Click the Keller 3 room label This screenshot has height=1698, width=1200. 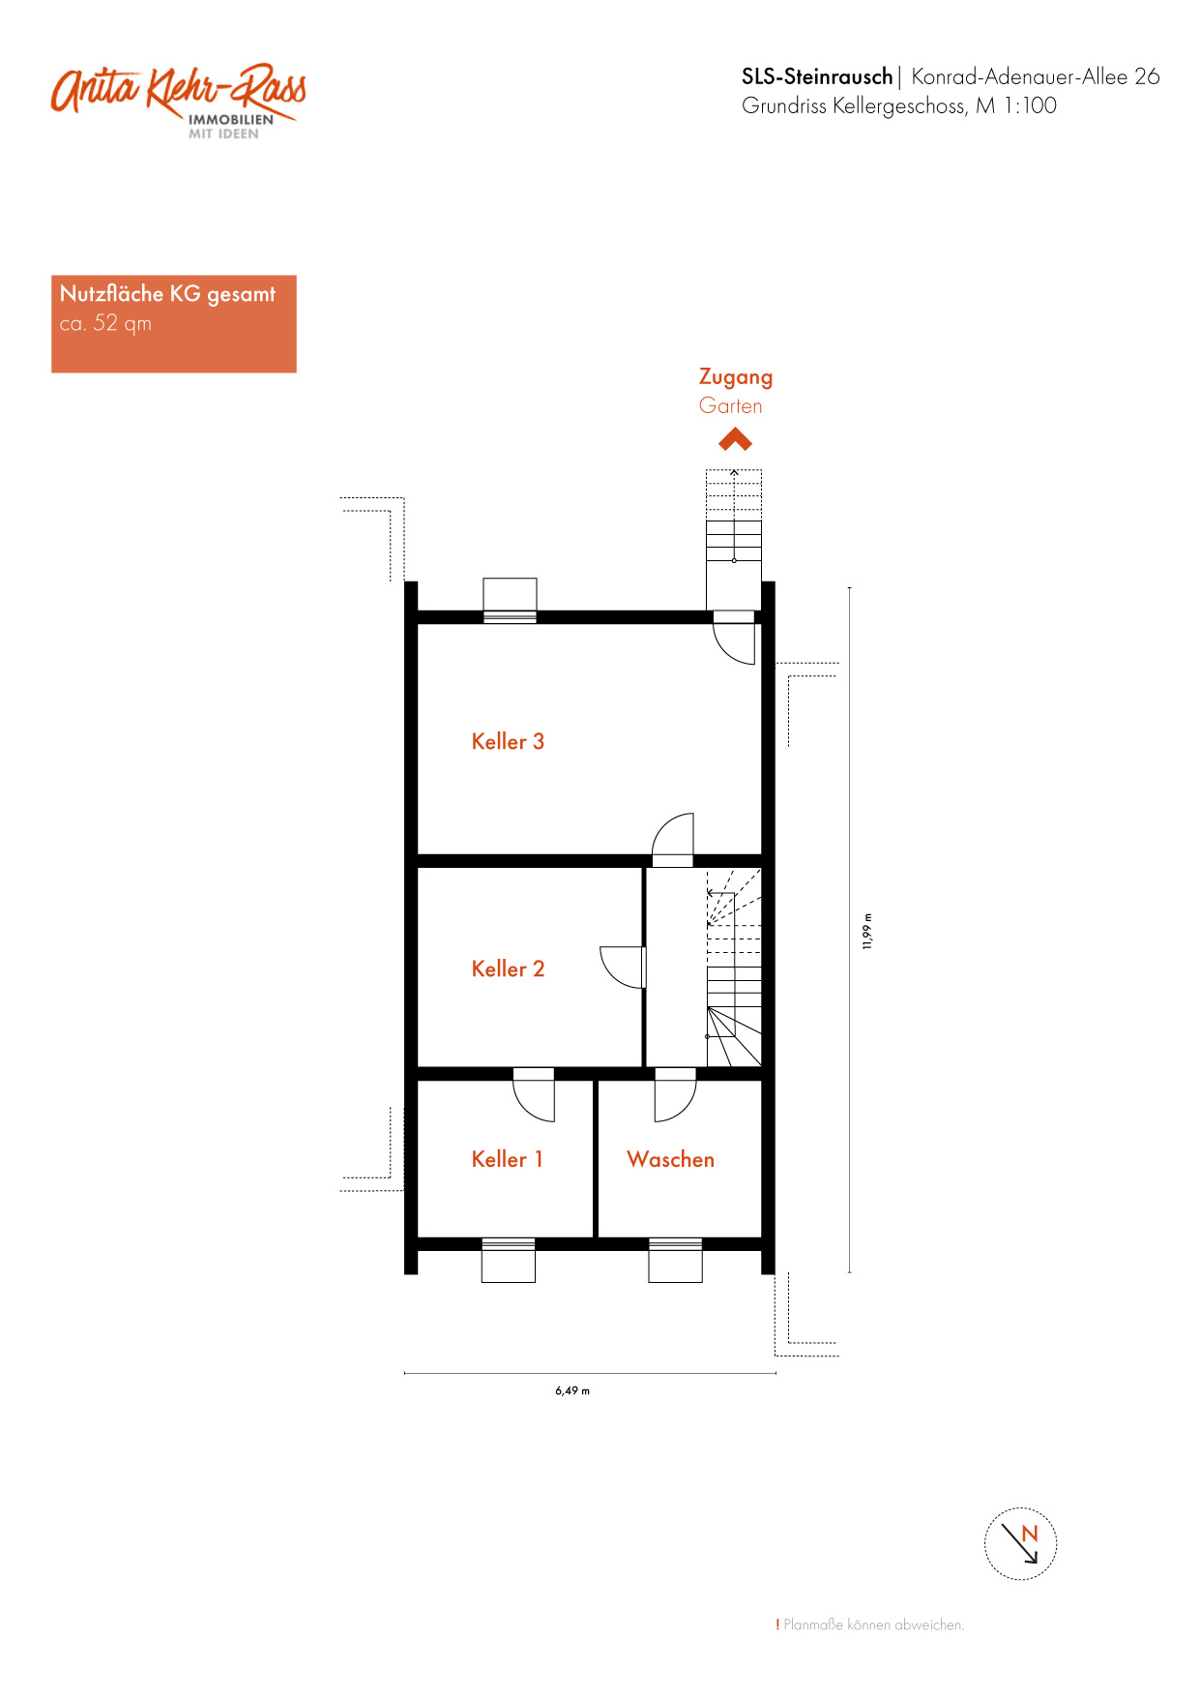pyautogui.click(x=508, y=742)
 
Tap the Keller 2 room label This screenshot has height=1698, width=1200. pyautogui.click(x=508, y=969)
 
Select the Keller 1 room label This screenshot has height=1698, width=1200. pyautogui.click(x=507, y=1160)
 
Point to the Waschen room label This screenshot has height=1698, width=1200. pyautogui.click(x=670, y=1160)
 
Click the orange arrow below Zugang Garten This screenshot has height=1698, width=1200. pyautogui.click(x=735, y=440)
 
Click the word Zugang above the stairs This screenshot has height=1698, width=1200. pyautogui.click(x=736, y=377)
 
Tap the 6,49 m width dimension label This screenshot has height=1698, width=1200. pyautogui.click(x=572, y=1391)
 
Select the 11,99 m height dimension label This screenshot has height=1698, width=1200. pyautogui.click(x=867, y=931)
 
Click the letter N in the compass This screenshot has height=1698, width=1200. pyautogui.click(x=1030, y=1534)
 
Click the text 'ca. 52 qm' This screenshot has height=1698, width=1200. pyautogui.click(x=105, y=323)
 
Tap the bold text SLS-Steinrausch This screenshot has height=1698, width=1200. pyautogui.click(x=817, y=76)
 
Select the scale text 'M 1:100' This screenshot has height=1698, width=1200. pyautogui.click(x=1016, y=105)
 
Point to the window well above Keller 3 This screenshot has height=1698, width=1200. pyautogui.click(x=510, y=595)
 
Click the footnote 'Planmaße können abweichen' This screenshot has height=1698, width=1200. pyautogui.click(x=873, y=1625)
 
